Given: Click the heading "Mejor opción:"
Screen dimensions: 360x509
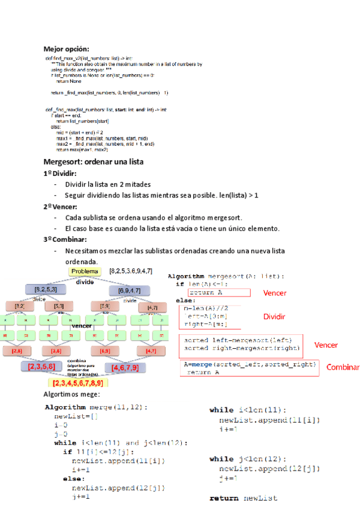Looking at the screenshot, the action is (66, 49).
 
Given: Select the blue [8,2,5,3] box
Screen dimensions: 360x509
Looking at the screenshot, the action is (46, 290).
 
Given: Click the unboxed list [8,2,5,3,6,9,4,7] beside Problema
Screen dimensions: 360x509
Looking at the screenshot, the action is (130, 271).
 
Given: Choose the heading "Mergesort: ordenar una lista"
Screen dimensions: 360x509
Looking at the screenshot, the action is (94, 162).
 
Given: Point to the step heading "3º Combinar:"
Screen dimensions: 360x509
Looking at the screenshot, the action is (65, 239).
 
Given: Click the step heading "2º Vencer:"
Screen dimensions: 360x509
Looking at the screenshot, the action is (60, 206).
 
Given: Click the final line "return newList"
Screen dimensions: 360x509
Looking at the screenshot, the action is (243, 498).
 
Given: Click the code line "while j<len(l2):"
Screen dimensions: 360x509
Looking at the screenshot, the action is (248, 459).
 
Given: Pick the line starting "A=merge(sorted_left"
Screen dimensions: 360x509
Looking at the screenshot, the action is (250, 364).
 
